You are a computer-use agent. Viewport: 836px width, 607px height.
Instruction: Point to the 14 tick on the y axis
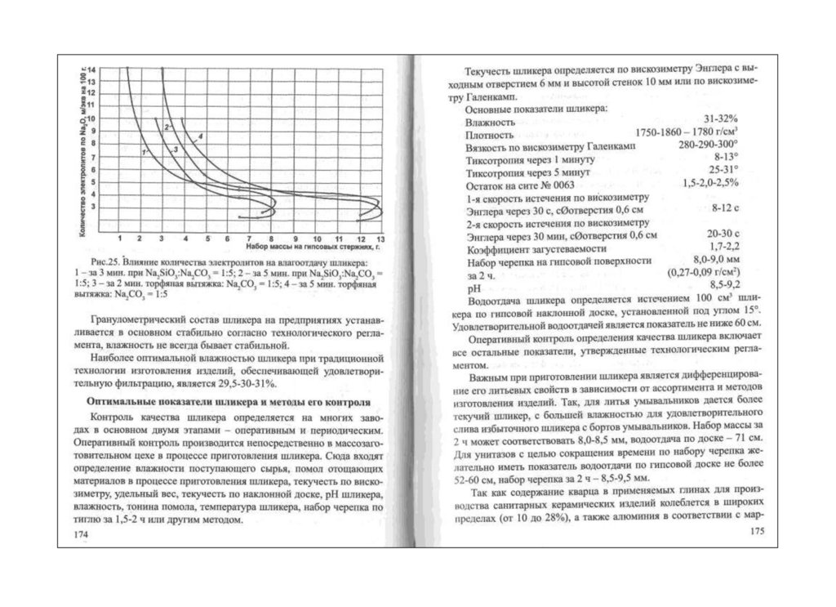(91, 69)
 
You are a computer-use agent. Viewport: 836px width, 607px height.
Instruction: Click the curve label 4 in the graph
(199, 135)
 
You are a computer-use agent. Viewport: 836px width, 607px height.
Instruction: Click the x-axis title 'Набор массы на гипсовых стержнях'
(314, 245)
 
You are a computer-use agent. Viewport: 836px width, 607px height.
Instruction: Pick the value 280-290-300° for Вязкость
(708, 145)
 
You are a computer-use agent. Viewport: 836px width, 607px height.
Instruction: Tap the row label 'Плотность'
(489, 133)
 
